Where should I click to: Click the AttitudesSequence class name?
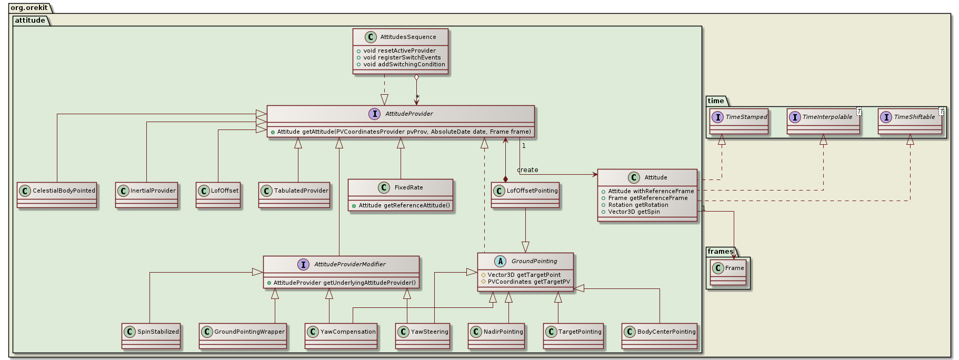408,37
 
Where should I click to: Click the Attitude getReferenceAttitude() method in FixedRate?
404,205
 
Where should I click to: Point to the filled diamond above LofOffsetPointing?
505,179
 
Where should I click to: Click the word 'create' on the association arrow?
527,170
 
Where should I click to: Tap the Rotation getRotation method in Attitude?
638,205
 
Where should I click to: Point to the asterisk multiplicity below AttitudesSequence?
417,97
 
